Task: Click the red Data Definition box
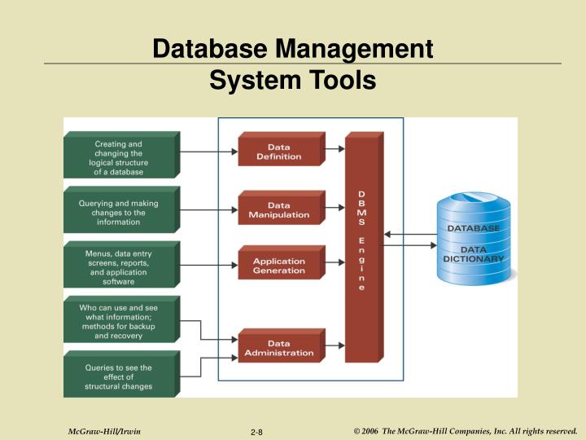[x=278, y=152]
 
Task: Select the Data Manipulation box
[x=278, y=210]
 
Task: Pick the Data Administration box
[x=278, y=348]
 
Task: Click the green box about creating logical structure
[x=119, y=158]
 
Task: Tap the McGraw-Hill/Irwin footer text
[x=98, y=431]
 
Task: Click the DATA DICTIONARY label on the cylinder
[x=473, y=253]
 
